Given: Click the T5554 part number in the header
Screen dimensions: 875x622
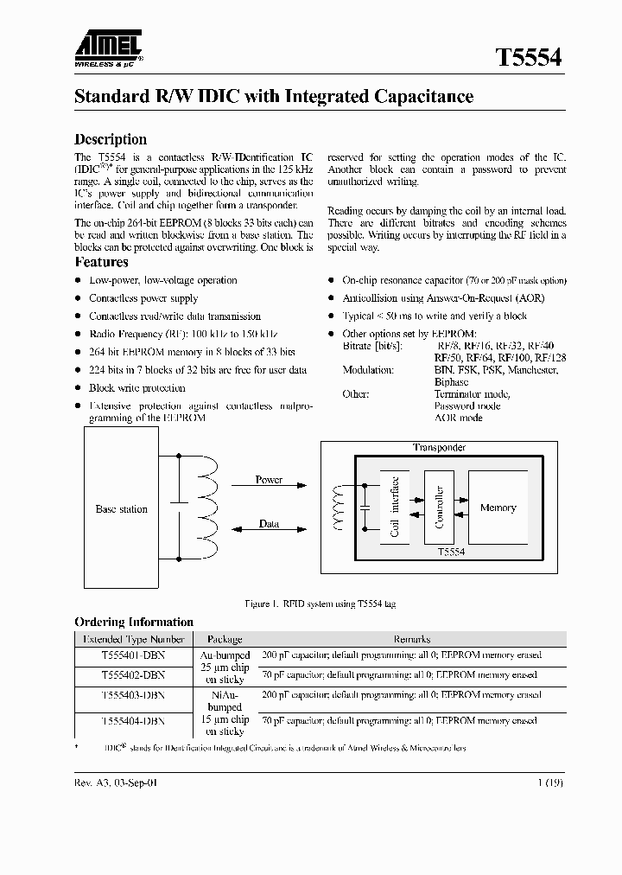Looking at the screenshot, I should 528,57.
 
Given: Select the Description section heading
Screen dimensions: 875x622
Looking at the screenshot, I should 111,139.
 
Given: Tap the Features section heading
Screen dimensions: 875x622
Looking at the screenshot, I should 101,262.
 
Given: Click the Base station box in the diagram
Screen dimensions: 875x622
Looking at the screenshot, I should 121,509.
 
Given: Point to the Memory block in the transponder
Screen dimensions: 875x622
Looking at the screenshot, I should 498,508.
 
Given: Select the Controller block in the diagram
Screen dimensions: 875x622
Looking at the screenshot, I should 439,508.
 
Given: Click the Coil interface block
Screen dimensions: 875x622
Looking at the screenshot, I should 395,508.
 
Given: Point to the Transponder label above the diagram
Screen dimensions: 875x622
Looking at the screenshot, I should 439,447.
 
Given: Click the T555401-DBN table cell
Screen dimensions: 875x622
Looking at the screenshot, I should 132,655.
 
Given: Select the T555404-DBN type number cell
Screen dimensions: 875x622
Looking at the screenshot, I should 132,719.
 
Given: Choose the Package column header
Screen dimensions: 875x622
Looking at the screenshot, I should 225,639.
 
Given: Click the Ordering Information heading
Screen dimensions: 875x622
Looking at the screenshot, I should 134,622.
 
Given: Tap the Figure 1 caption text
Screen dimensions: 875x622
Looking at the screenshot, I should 321,604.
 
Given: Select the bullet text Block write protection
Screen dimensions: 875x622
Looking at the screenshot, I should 136,388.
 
